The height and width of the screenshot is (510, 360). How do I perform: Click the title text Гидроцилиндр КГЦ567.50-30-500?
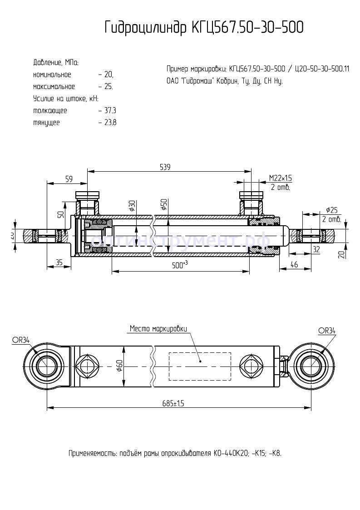tap(204, 27)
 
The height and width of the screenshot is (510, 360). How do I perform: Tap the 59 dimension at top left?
tap(69, 179)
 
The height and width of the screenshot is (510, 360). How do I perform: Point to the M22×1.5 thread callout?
tap(280, 178)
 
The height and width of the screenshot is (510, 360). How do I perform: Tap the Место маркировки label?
tap(158, 328)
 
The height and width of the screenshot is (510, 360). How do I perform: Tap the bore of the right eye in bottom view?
tap(311, 366)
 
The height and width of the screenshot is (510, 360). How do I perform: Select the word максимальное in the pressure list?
tap(54, 86)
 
